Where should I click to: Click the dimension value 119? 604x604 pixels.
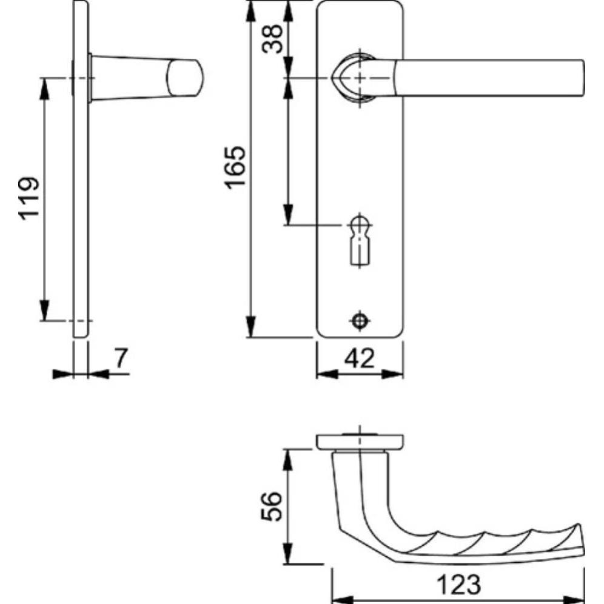click(29, 199)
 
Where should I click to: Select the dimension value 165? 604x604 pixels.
click(235, 167)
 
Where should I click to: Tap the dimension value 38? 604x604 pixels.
click(272, 39)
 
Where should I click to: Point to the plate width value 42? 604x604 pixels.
click(359, 358)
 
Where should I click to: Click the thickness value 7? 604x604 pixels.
click(121, 358)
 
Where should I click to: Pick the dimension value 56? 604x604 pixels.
click(272, 506)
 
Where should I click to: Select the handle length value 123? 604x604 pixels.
click(458, 585)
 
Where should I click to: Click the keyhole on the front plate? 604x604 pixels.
click(360, 241)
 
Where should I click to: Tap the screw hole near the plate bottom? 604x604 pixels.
click(360, 320)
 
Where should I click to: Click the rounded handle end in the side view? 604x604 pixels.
click(184, 78)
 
